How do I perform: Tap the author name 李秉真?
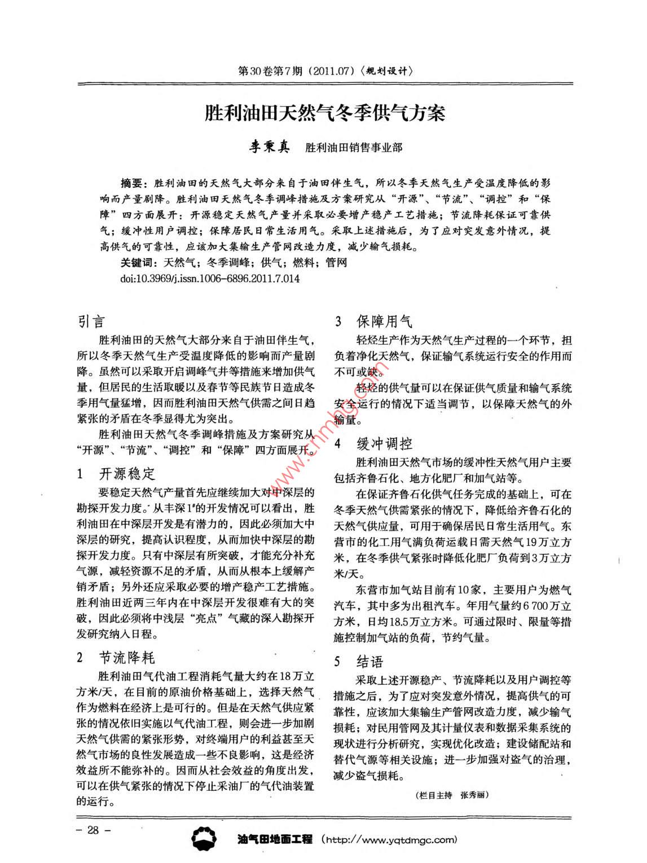pyautogui.click(x=270, y=147)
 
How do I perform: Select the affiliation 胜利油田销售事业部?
pyautogui.click(x=354, y=148)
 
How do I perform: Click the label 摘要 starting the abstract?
pyautogui.click(x=133, y=183)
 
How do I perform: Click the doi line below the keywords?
pyautogui.click(x=210, y=278)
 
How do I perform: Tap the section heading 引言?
pyautogui.click(x=91, y=322)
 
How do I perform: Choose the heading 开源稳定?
pyautogui.click(x=126, y=473)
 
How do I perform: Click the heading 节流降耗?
pyautogui.click(x=126, y=658)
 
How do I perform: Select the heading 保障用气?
pyautogui.click(x=384, y=322)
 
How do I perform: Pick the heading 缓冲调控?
pyautogui.click(x=384, y=443)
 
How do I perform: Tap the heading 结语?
pyautogui.click(x=369, y=661)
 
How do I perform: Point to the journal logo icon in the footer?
pyautogui.click(x=204, y=839)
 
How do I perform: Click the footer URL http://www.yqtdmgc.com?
pyautogui.click(x=389, y=839)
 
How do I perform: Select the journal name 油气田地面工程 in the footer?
pyautogui.click(x=275, y=839)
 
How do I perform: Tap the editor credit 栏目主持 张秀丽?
pyautogui.click(x=451, y=795)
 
